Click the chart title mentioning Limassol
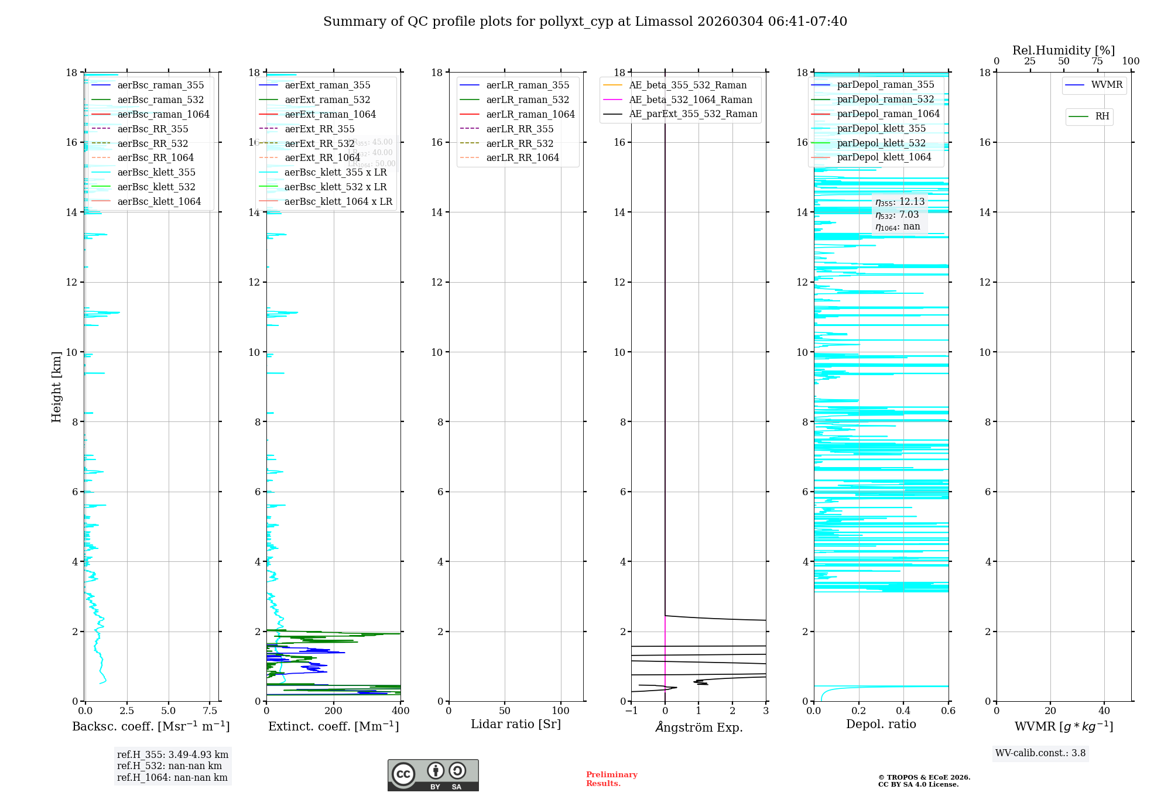point(585,22)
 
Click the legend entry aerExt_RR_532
point(319,143)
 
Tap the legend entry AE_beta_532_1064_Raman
point(690,99)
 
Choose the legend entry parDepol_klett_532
point(881,143)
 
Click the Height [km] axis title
point(56,387)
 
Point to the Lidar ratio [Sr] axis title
point(516,724)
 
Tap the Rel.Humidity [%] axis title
point(1063,50)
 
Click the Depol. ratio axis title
point(881,724)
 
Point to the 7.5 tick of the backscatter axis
point(210,711)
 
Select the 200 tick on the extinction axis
point(334,711)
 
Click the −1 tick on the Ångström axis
point(631,711)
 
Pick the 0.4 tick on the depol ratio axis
point(903,711)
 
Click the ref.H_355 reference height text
point(172,754)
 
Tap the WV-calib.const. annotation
point(1040,753)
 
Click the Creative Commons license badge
point(433,775)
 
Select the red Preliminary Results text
point(611,779)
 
